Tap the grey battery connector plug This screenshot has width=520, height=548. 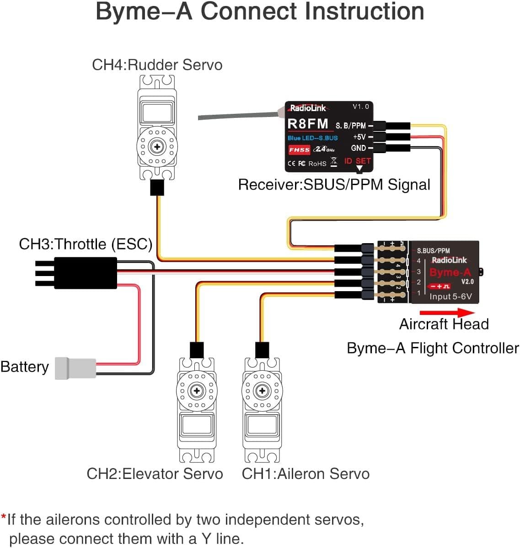tap(75, 368)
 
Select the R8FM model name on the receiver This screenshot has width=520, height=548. tap(308, 124)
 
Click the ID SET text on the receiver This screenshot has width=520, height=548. tap(357, 161)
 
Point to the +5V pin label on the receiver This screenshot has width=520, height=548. tap(359, 137)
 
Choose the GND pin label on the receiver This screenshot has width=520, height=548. tap(358, 148)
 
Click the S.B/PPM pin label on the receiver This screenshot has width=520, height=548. tap(351, 125)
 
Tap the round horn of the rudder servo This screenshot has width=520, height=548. tap(157, 147)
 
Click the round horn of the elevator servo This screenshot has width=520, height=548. tap(197, 391)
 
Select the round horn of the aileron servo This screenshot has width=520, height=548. tap(262, 391)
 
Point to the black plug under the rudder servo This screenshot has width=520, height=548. tap(157, 187)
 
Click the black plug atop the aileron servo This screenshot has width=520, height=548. tap(262, 350)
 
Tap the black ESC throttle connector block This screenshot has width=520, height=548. tap(85, 273)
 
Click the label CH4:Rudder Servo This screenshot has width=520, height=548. tap(157, 64)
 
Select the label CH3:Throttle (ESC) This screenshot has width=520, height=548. tap(86, 244)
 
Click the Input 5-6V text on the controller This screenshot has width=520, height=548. tap(450, 297)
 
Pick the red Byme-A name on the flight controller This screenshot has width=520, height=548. tap(450, 272)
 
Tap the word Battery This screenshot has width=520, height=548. tap(25, 367)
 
